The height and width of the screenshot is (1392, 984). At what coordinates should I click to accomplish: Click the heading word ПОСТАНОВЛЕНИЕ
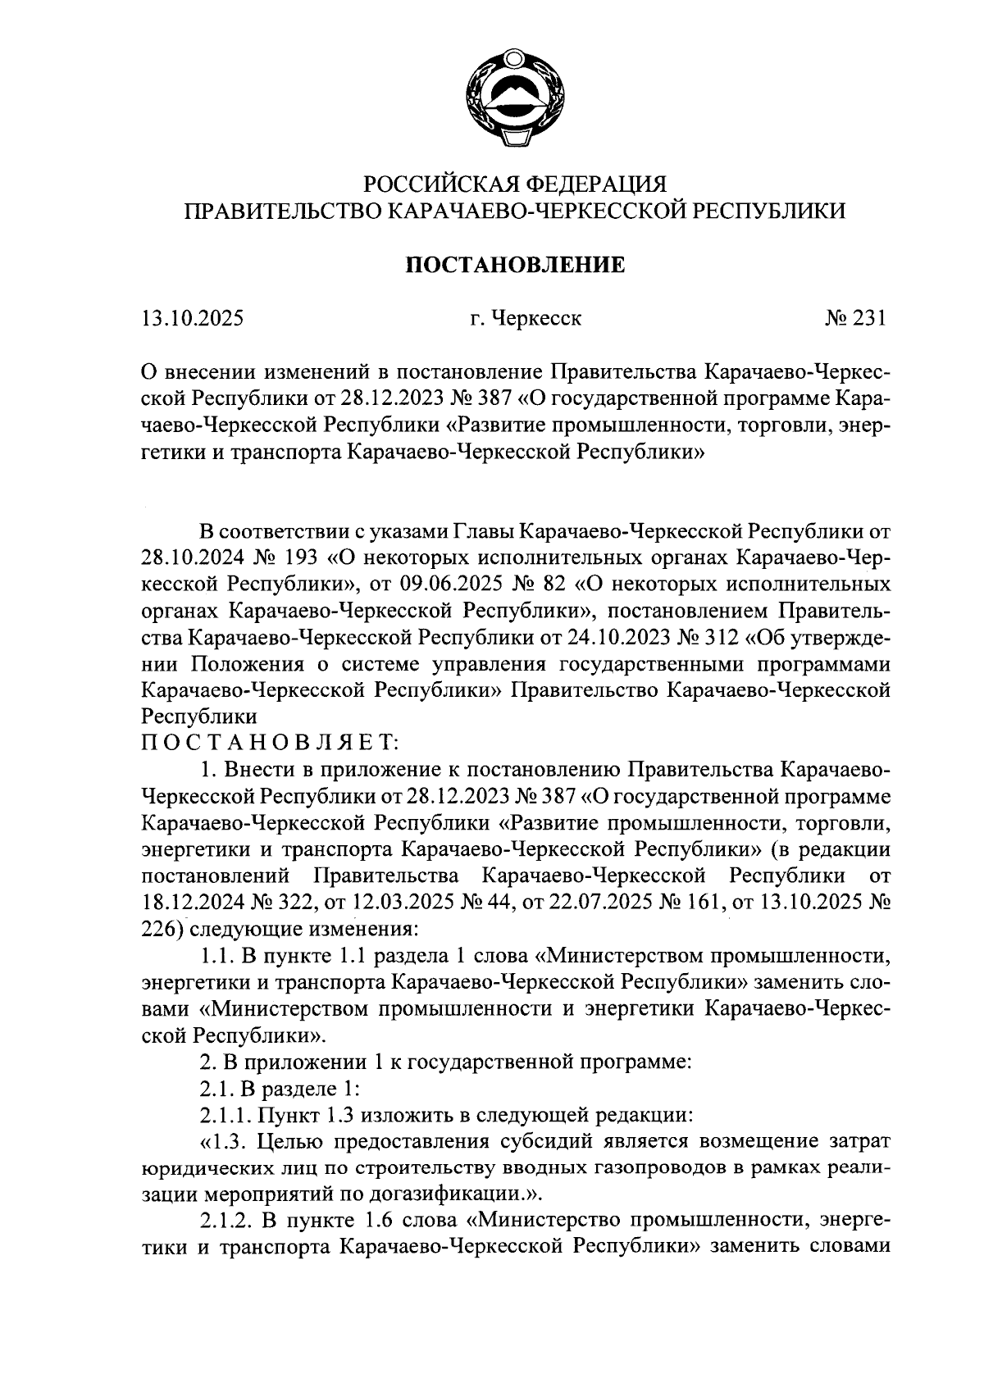[x=516, y=265]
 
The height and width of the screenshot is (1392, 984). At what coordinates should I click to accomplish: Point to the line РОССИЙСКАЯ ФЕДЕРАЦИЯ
[x=515, y=183]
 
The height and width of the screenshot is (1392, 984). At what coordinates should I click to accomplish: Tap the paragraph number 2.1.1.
[x=227, y=1115]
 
